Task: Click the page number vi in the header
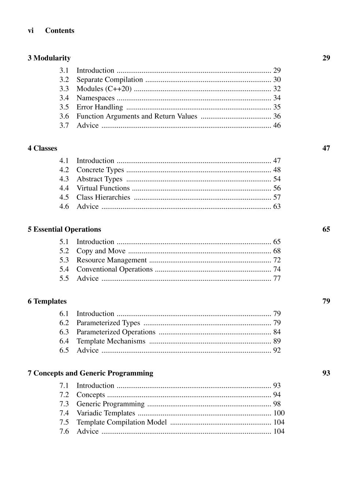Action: coord(30,31)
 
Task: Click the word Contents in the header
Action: coord(60,31)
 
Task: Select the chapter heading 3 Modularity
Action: coord(49,58)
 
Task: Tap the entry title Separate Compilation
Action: coord(110,80)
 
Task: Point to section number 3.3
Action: coord(64,89)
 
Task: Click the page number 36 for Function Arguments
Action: coord(277,116)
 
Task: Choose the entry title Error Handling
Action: coord(100,107)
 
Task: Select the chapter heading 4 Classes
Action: coord(43,148)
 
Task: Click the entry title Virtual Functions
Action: coord(103,188)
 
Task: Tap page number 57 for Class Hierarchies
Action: coord(277,197)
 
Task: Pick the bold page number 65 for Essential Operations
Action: coord(326,229)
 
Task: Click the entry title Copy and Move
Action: coord(101,251)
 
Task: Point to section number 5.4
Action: coord(64,269)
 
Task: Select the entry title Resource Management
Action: coord(111,260)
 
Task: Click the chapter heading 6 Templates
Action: coord(47,301)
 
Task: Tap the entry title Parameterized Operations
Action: coord(116,332)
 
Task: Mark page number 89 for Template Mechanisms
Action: coord(277,341)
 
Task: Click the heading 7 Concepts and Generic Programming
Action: coord(91,373)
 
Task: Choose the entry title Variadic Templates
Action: coord(106,413)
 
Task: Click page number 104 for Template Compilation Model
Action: coord(279,422)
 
